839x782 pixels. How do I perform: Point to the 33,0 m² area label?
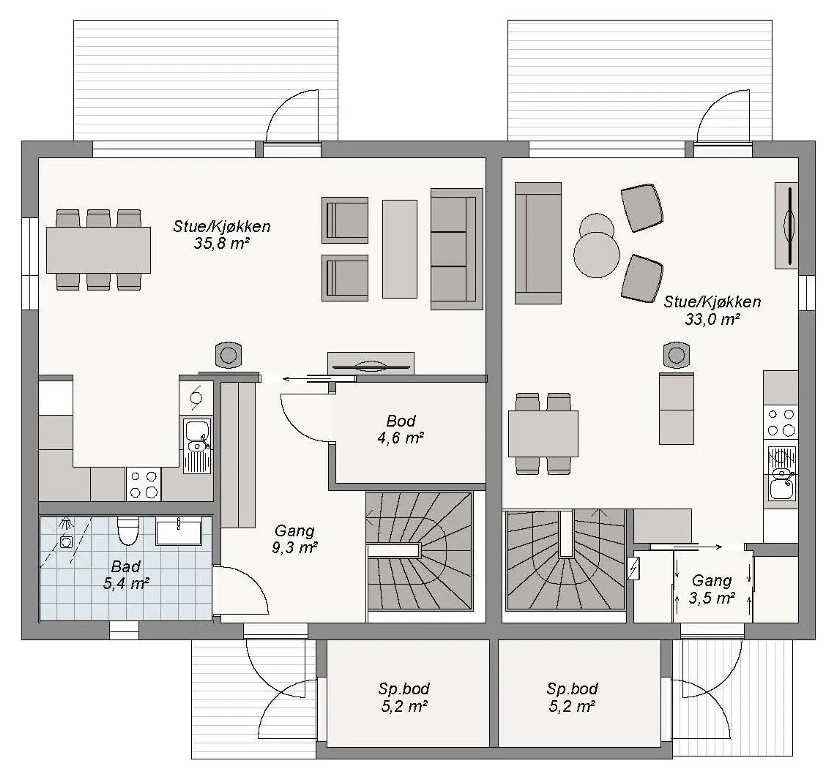(712, 319)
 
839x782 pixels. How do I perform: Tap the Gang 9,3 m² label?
(295, 539)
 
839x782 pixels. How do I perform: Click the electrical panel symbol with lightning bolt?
(633, 568)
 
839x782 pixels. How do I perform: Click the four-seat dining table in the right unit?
(543, 434)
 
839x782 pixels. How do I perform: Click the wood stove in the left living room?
(228, 355)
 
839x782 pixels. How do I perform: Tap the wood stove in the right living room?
(676, 355)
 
